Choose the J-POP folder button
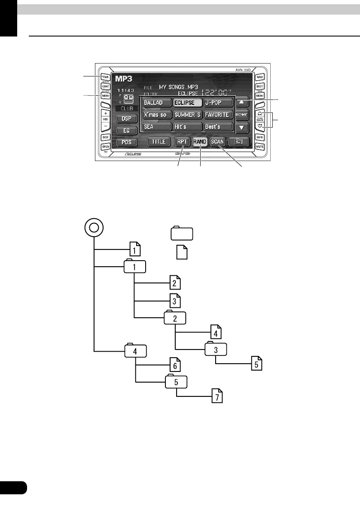(x=218, y=103)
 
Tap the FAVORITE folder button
(x=218, y=115)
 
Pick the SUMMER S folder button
(x=187, y=115)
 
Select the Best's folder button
(x=218, y=127)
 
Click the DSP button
(x=126, y=118)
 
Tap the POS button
(x=126, y=142)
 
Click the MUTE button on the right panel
(x=259, y=147)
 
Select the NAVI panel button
(x=259, y=77)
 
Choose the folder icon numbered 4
(x=135, y=351)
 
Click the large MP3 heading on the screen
(x=123, y=79)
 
